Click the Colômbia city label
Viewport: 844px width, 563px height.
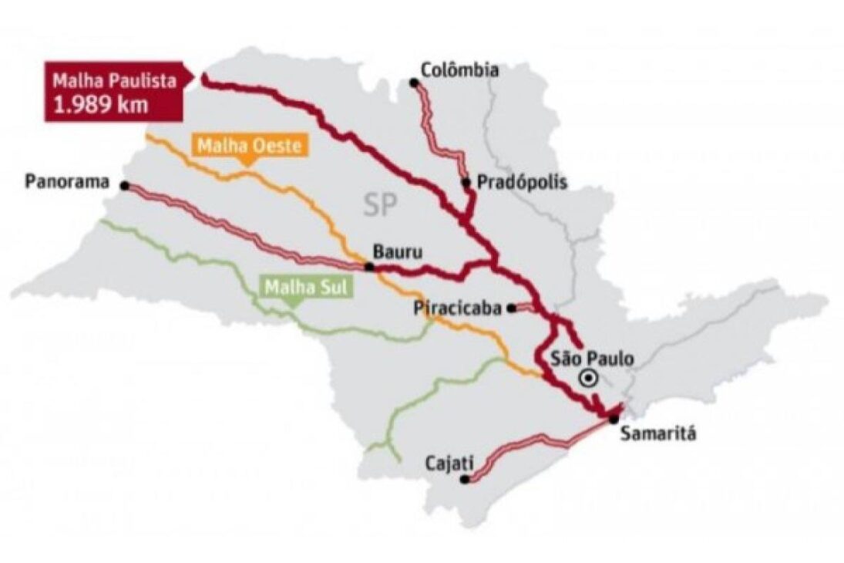pyautogui.click(x=460, y=70)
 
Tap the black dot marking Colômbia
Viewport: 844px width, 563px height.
pyautogui.click(x=414, y=82)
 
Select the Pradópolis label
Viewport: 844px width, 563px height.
pyautogui.click(x=523, y=183)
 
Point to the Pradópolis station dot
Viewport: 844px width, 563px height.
pyautogui.click(x=466, y=183)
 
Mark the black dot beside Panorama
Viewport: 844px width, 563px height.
pyautogui.click(x=125, y=185)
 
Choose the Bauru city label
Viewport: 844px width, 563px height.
pyautogui.click(x=398, y=252)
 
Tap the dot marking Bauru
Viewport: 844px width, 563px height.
pyautogui.click(x=370, y=267)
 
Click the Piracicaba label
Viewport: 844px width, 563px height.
pyautogui.click(x=458, y=308)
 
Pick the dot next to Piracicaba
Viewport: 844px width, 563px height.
pyautogui.click(x=511, y=308)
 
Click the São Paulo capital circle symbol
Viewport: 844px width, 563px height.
pyautogui.click(x=588, y=378)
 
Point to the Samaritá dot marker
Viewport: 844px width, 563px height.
pyautogui.click(x=612, y=419)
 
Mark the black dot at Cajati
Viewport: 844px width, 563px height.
pyautogui.click(x=465, y=479)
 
